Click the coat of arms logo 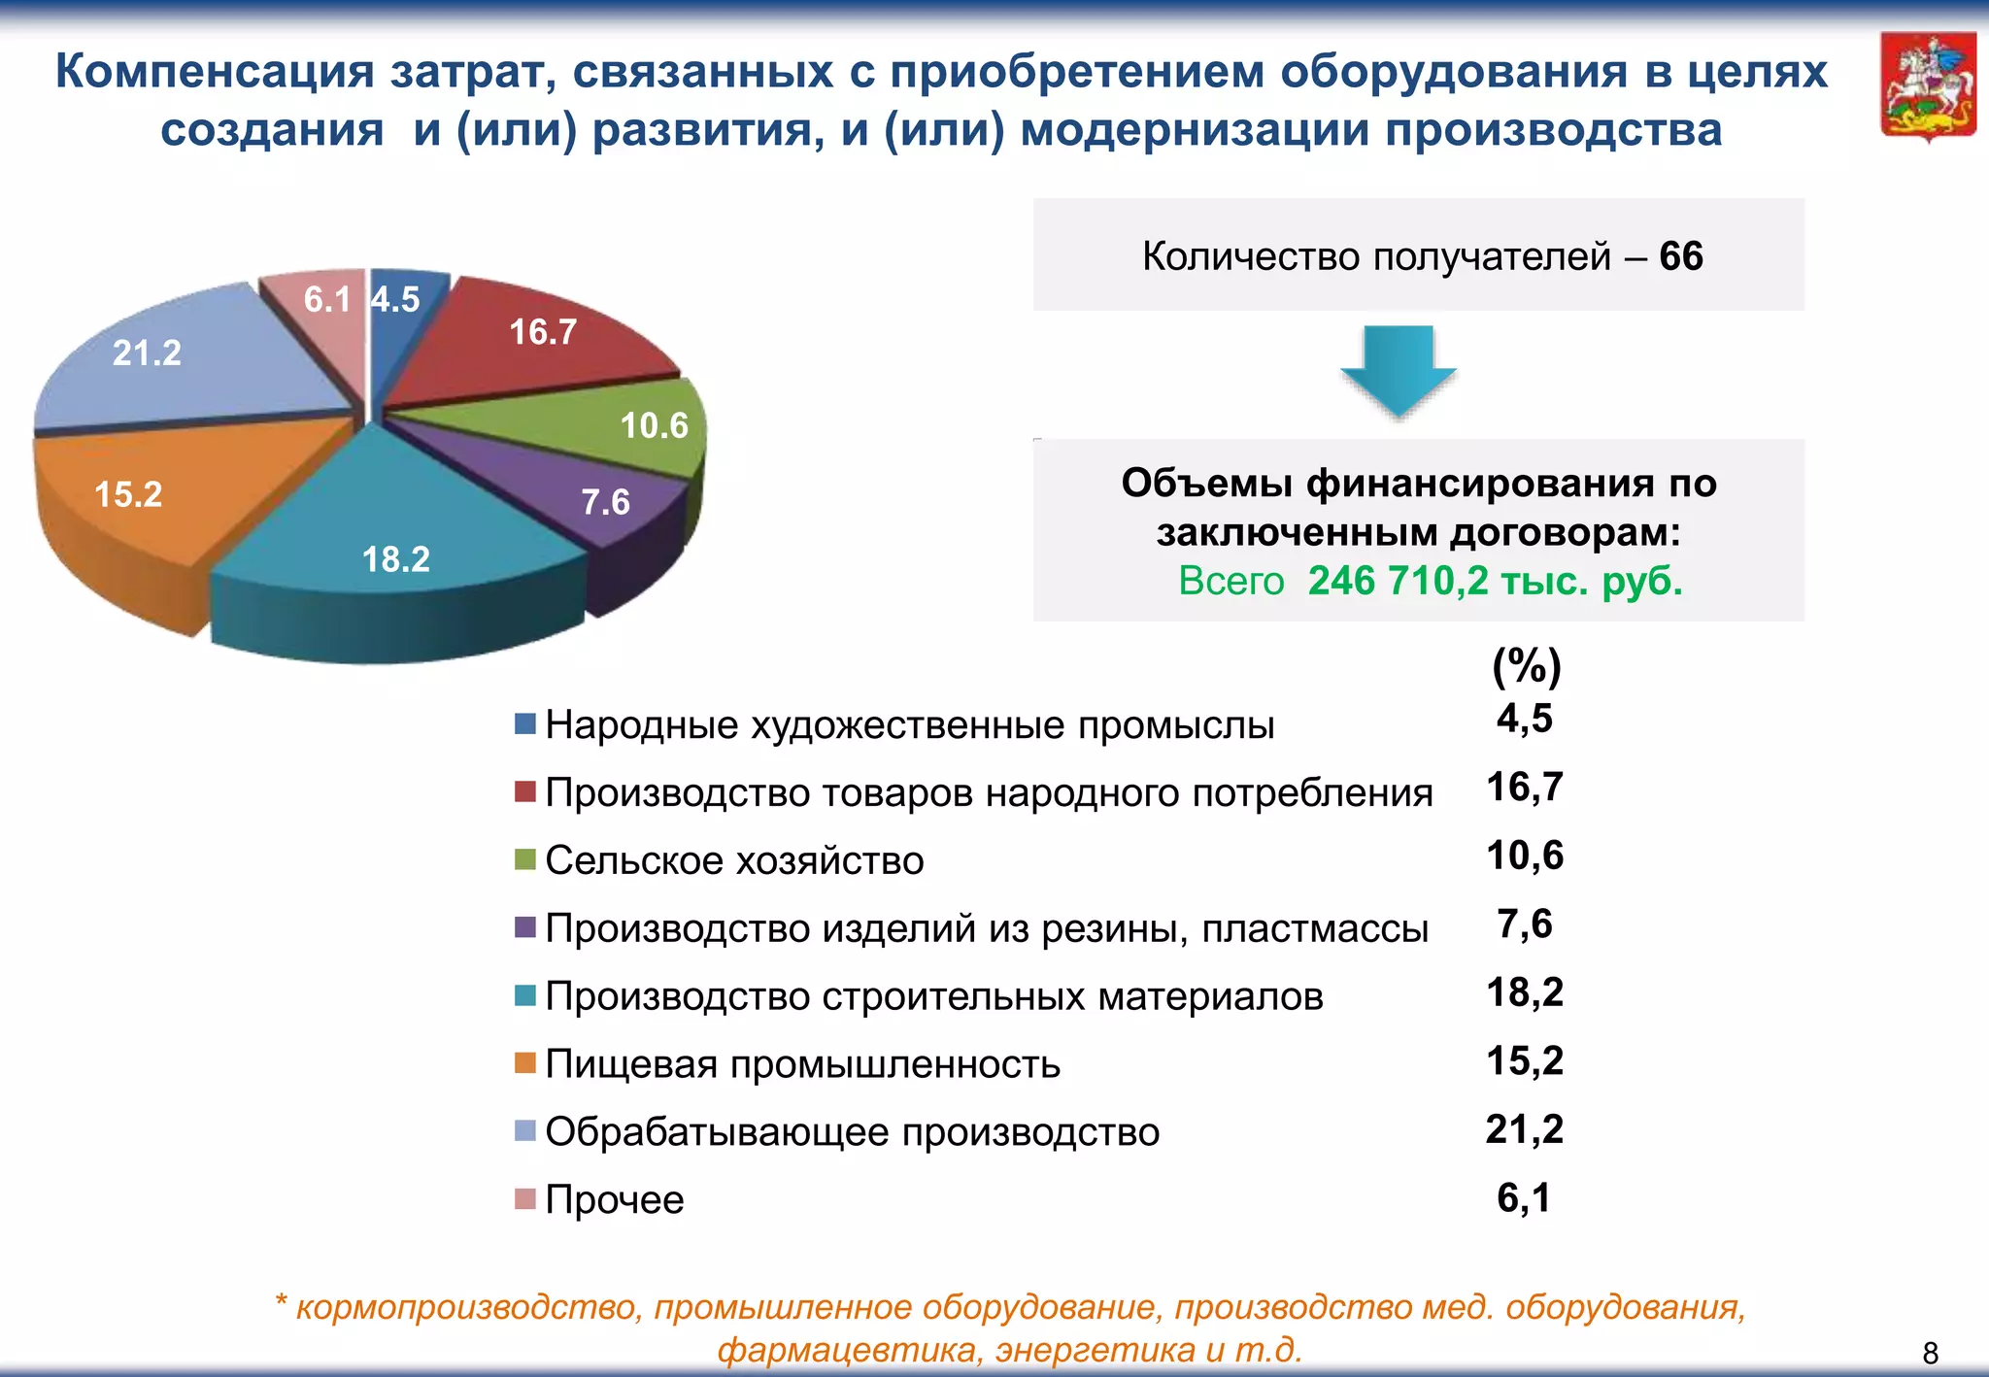(x=1928, y=87)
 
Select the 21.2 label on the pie (x=147, y=353)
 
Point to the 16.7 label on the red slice (x=543, y=332)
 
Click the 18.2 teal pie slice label (x=395, y=559)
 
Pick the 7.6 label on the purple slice (x=605, y=502)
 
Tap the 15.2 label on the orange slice (x=128, y=494)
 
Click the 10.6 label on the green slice (x=654, y=425)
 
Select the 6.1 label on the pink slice (x=326, y=300)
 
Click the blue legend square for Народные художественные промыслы (x=525, y=724)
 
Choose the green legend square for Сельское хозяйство (x=525, y=859)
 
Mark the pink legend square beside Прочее (x=525, y=1198)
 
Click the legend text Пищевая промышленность (x=802, y=1064)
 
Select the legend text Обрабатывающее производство (x=852, y=1132)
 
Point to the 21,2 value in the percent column (x=1524, y=1129)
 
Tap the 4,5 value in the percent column (x=1524, y=719)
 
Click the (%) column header (x=1526, y=666)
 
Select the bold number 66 (x=1681, y=256)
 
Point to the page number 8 (x=1931, y=1353)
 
